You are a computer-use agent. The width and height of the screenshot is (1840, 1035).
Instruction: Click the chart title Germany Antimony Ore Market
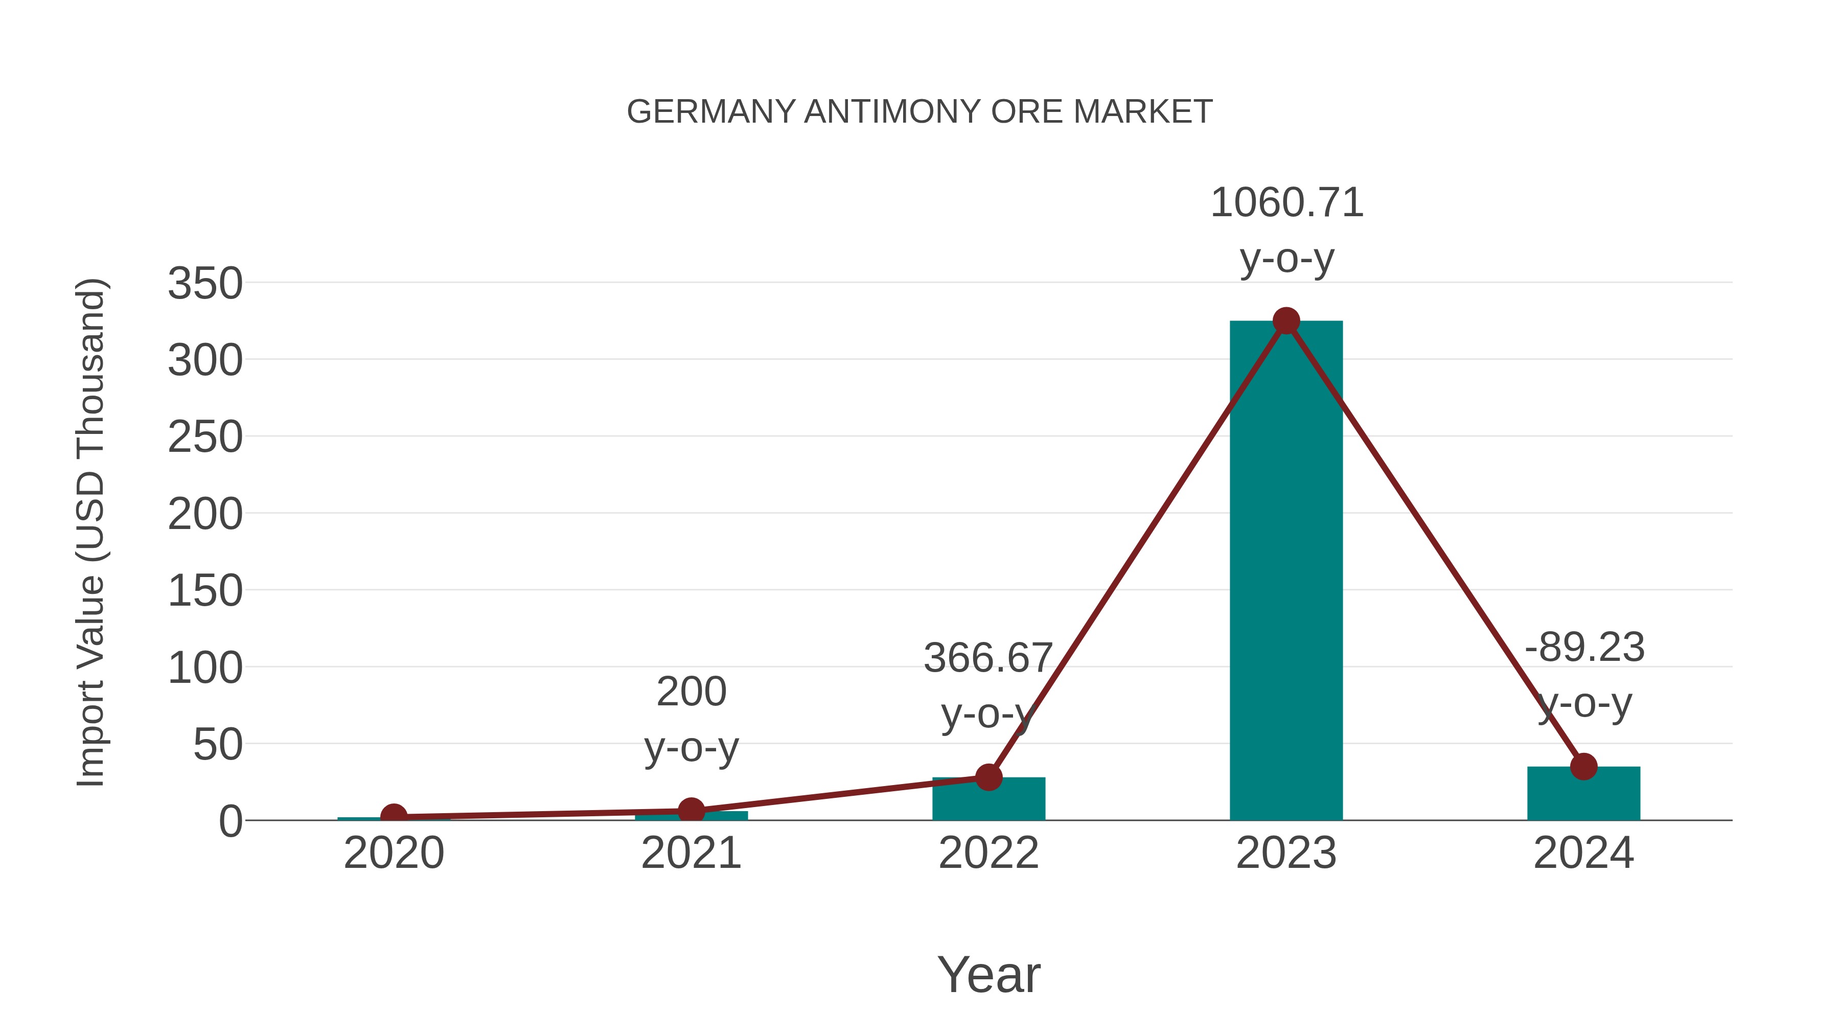pyautogui.click(x=919, y=112)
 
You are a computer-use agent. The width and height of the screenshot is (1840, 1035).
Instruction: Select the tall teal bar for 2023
pyautogui.click(x=1286, y=571)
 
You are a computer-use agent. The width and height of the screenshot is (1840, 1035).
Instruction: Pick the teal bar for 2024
pyautogui.click(x=1583, y=794)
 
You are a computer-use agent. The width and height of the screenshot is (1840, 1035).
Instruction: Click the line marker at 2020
pyautogui.click(x=394, y=816)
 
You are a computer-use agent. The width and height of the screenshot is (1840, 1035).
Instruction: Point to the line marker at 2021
pyautogui.click(x=691, y=811)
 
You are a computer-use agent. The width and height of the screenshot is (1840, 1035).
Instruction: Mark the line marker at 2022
pyautogui.click(x=988, y=777)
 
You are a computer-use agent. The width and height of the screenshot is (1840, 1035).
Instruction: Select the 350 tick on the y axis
pyautogui.click(x=205, y=284)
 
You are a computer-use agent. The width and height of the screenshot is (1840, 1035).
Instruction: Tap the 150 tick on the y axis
pyautogui.click(x=205, y=591)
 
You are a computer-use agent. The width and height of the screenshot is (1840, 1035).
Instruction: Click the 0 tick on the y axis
pyautogui.click(x=230, y=821)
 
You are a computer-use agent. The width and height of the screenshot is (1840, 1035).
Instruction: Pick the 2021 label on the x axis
pyautogui.click(x=691, y=853)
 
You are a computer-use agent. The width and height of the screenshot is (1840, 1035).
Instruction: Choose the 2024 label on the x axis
pyautogui.click(x=1583, y=853)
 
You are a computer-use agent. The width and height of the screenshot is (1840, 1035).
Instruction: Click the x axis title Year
pyautogui.click(x=988, y=974)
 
